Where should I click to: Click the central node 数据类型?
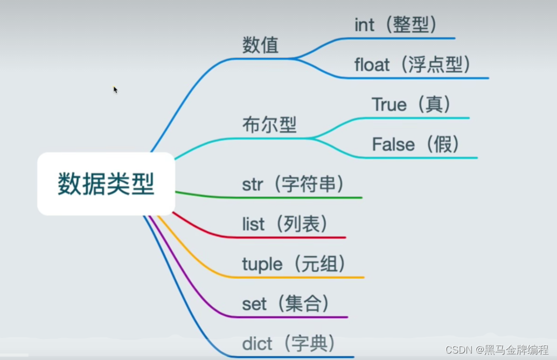(106, 184)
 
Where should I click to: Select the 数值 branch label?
(260, 45)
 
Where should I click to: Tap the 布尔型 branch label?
(269, 126)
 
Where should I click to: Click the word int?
(364, 25)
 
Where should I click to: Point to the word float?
(372, 65)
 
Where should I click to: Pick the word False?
(393, 144)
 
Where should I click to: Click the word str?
(253, 185)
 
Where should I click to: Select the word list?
(253, 224)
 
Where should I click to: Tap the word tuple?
(262, 265)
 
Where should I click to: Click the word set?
(254, 304)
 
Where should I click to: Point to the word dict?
(257, 343)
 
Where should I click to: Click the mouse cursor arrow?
(115, 89)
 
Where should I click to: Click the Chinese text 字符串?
(309, 185)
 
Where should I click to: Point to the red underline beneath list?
(291, 237)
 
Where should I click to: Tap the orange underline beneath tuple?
(302, 278)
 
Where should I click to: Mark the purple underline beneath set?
(291, 317)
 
